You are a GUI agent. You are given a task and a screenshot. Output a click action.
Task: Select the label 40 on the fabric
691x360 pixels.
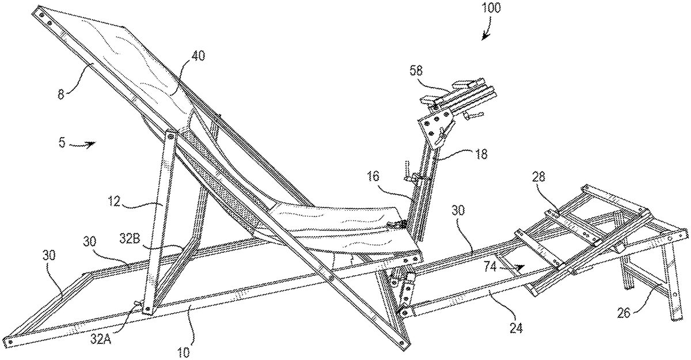tap(198, 56)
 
